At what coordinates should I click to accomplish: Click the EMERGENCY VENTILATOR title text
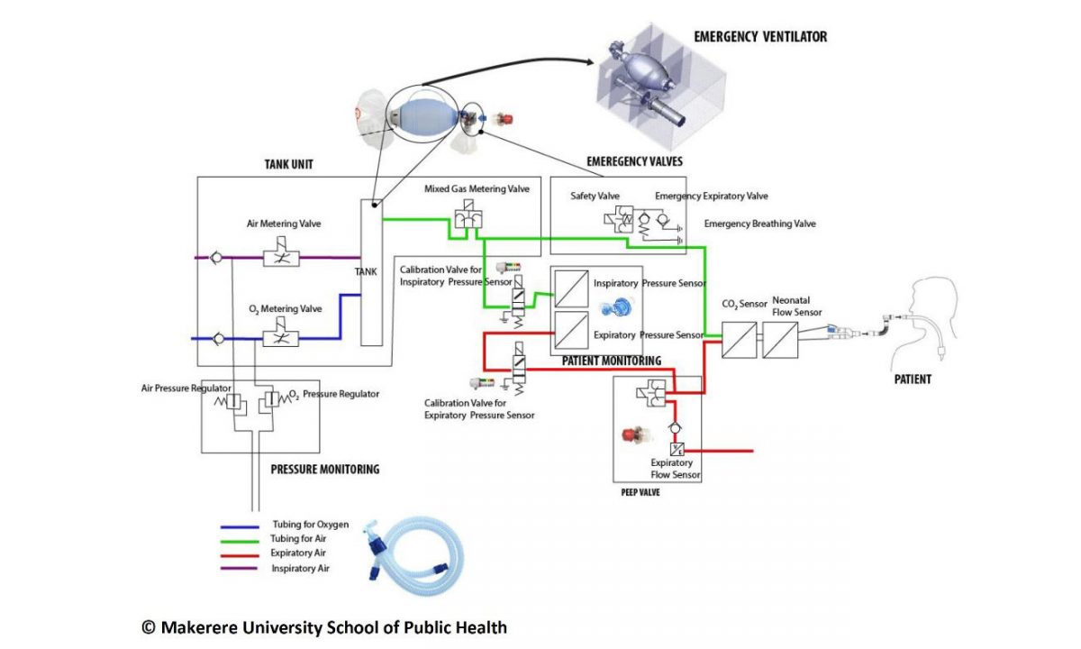(760, 37)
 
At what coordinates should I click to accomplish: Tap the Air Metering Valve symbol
(281, 252)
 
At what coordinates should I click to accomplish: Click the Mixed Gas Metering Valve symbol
(468, 215)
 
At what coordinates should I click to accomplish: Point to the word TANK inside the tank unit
(366, 272)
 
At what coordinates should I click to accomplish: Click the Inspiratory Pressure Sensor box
(571, 288)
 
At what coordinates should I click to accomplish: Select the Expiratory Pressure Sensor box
(571, 330)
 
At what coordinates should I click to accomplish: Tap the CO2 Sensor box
(739, 340)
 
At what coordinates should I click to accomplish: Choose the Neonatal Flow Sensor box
(780, 340)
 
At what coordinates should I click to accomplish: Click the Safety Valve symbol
(619, 219)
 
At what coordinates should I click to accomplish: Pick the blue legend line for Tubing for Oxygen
(240, 526)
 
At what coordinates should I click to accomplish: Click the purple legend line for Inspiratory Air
(239, 569)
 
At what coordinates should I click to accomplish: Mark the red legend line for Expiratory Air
(240, 555)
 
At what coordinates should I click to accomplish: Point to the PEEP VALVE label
(640, 492)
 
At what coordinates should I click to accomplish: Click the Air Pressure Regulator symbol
(232, 403)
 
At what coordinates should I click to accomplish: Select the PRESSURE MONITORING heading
(325, 470)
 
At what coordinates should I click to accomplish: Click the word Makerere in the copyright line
(199, 627)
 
